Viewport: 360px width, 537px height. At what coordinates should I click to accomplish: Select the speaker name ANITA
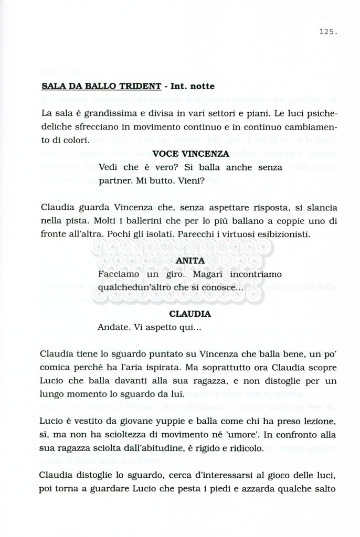[190, 261]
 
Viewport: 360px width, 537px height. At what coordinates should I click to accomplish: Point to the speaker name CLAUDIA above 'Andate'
[190, 314]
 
